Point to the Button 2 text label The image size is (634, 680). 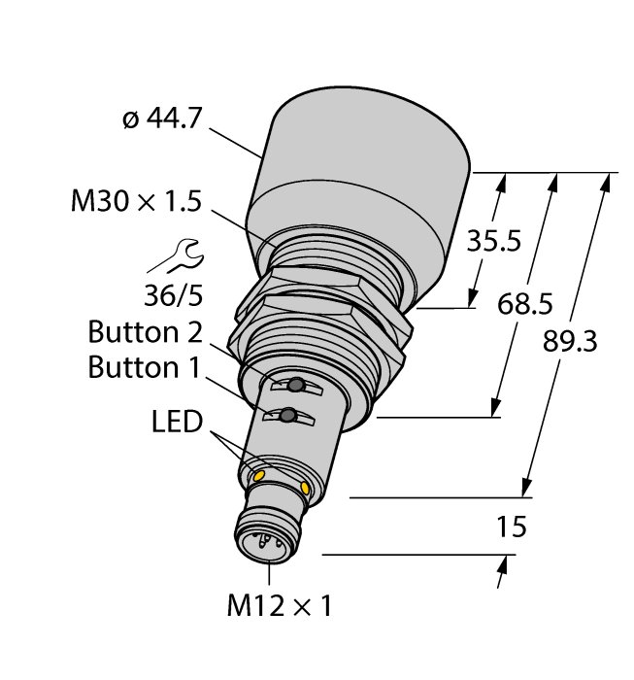145,332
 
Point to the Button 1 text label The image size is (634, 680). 145,367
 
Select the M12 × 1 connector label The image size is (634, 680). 279,607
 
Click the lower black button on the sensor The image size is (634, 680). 287,418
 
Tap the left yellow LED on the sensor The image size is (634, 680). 258,474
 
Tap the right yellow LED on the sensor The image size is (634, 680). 307,487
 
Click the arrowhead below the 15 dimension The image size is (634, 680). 501,575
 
